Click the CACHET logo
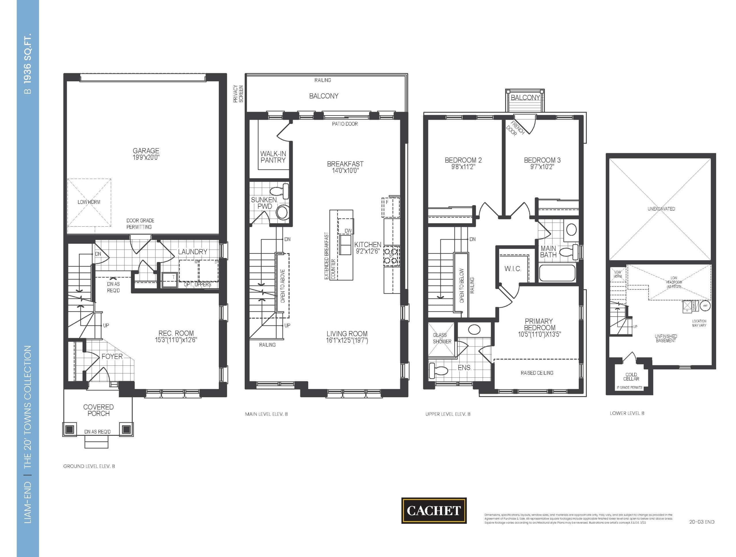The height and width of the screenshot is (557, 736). (x=434, y=510)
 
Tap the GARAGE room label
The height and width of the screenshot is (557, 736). (x=146, y=151)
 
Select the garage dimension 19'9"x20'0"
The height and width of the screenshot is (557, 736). (x=146, y=157)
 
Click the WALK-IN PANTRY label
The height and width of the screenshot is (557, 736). (x=273, y=157)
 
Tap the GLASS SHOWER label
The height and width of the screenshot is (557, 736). (x=442, y=338)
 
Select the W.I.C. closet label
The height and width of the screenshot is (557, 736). (x=512, y=269)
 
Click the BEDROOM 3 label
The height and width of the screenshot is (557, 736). (x=542, y=160)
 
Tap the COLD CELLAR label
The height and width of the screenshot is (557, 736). (x=631, y=376)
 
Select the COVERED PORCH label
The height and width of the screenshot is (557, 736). (x=99, y=410)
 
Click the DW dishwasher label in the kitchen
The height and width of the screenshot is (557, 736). (x=348, y=231)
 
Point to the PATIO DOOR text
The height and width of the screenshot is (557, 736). (x=345, y=124)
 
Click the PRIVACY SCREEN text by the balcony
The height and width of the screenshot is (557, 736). (x=238, y=94)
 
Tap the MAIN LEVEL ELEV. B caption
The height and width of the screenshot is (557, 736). (x=266, y=414)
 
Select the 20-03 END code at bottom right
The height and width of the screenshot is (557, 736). (x=701, y=522)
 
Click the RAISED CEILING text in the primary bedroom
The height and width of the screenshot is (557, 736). (x=537, y=373)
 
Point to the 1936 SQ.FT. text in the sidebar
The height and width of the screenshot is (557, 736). (x=28, y=58)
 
